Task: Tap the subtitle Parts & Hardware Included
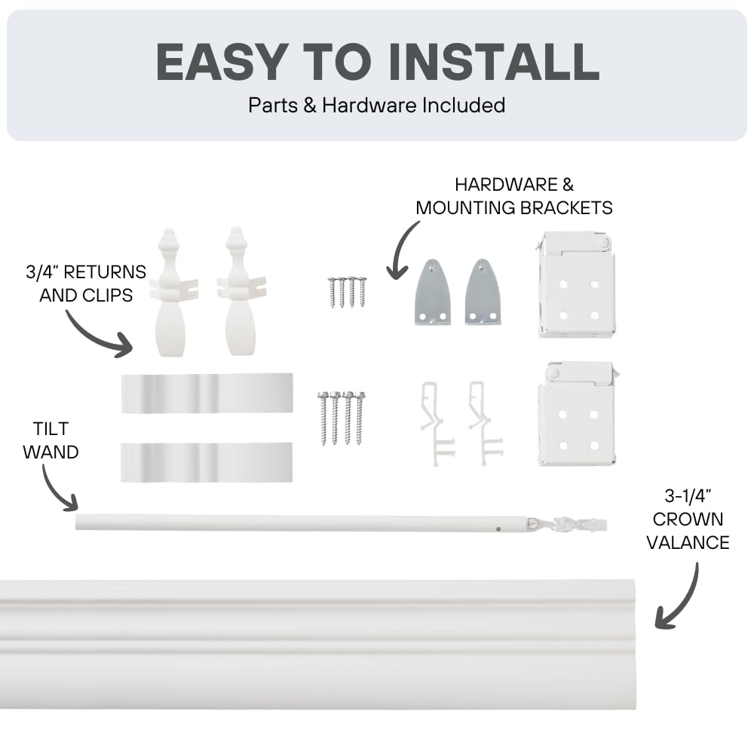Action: click(376, 105)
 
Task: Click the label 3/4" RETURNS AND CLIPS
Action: click(85, 283)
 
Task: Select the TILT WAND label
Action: click(51, 440)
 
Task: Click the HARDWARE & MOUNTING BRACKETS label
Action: click(513, 195)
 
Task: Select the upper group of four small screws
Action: click(347, 292)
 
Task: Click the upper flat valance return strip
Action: click(207, 393)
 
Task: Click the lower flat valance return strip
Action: click(207, 462)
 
